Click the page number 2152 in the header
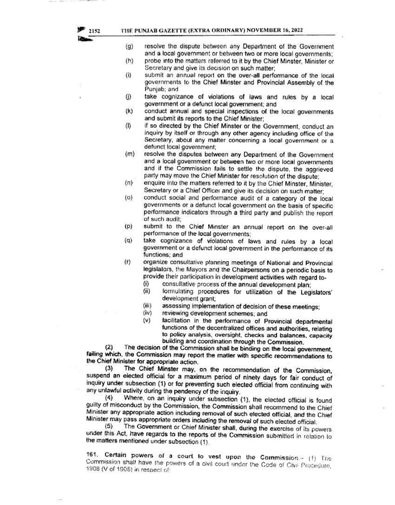click(x=94, y=30)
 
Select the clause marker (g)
click(x=129, y=47)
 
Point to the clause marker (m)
click(x=129, y=155)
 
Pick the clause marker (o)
click(x=128, y=198)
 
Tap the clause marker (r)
click(x=128, y=262)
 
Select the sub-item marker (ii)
click(x=146, y=291)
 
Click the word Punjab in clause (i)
click(x=154, y=89)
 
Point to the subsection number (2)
click(x=109, y=347)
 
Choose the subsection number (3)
click(x=109, y=369)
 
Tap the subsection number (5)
click(x=108, y=426)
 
